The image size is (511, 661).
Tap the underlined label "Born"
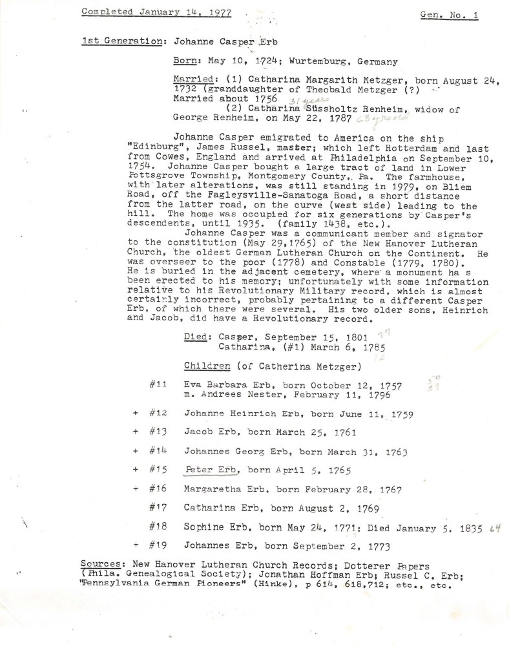pos(187,61)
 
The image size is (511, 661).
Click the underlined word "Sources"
pos(103,566)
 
